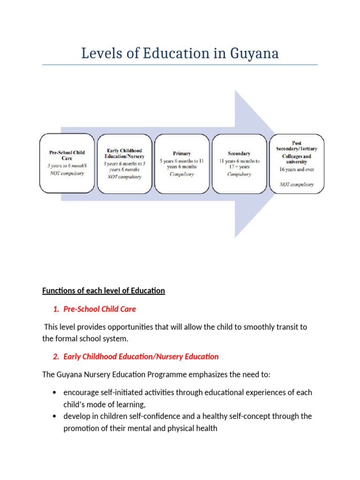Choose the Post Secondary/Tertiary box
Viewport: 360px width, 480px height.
coord(296,163)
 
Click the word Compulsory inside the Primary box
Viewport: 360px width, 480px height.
coord(181,174)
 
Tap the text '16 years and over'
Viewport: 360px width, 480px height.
coord(296,169)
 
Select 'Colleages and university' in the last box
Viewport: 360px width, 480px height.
coord(296,159)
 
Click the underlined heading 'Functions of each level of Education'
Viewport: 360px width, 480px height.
coord(104,291)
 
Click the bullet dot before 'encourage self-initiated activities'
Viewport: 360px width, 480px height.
coord(55,392)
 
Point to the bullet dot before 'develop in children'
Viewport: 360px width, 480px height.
coord(55,416)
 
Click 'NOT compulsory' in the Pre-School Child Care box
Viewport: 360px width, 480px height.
coord(67,173)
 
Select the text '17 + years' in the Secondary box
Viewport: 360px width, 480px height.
coord(239,166)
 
